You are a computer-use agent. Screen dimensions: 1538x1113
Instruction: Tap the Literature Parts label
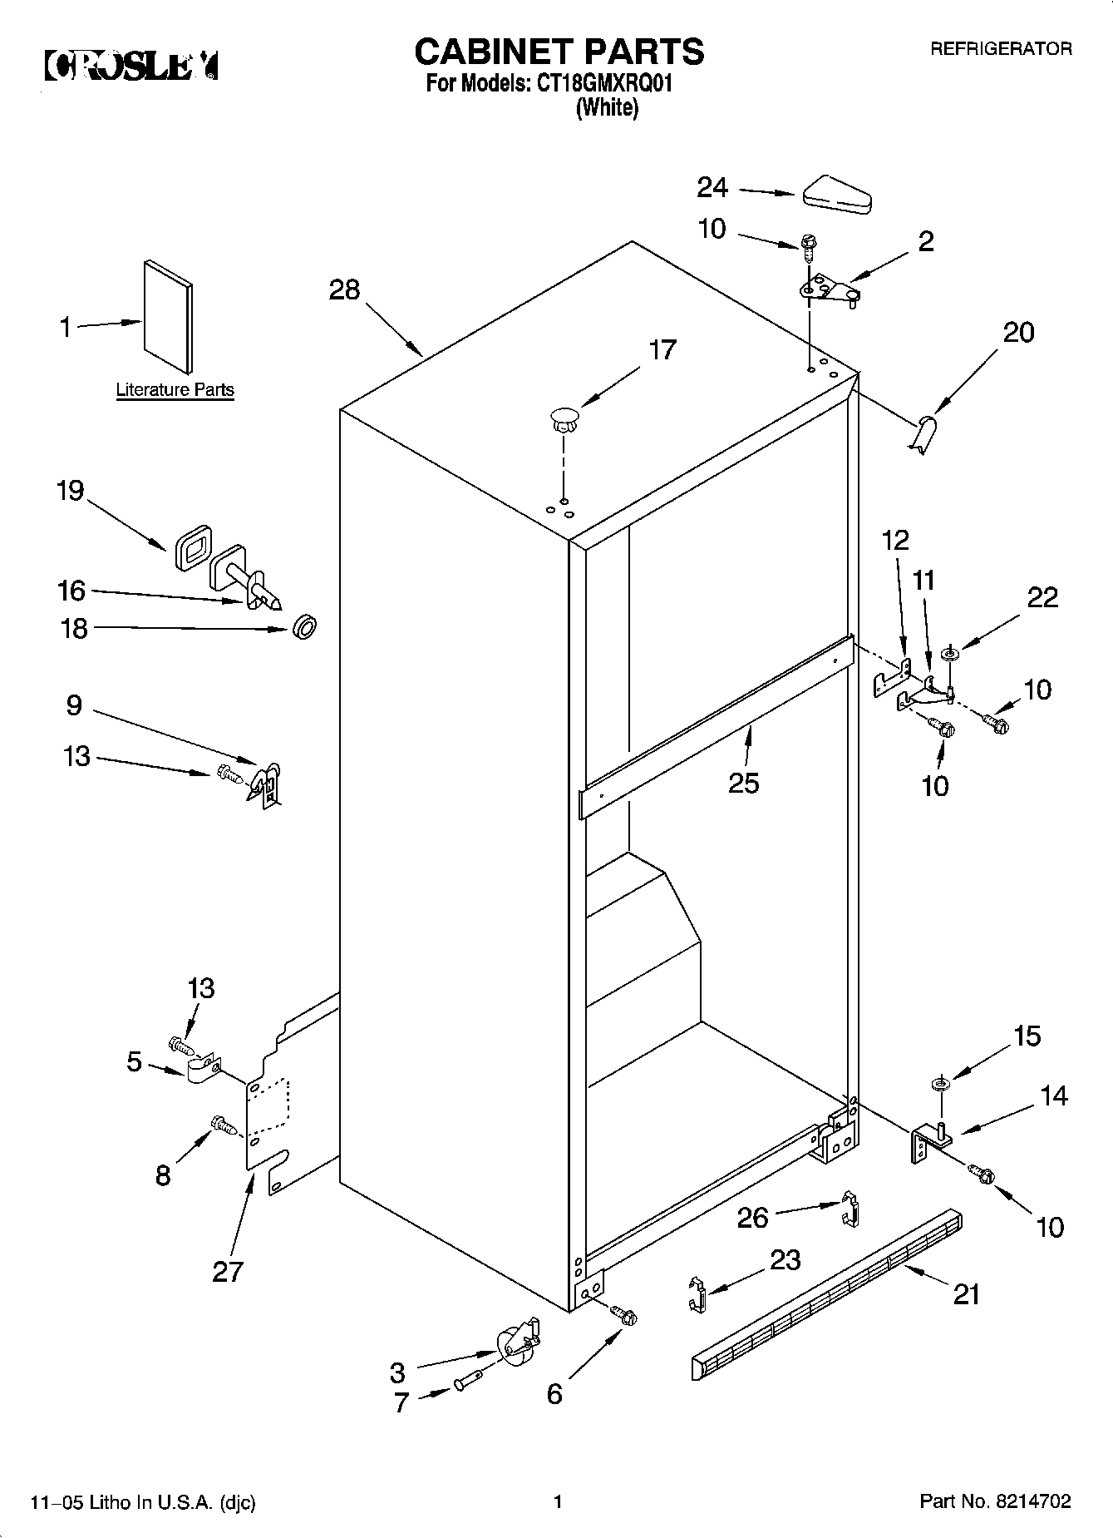(175, 389)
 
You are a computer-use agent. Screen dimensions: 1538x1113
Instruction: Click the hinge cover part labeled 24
(835, 193)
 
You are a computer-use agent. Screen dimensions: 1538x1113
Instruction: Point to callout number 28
(344, 289)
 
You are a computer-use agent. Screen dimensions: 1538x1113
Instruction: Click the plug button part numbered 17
(563, 417)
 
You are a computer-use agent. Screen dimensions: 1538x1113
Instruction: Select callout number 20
(1018, 333)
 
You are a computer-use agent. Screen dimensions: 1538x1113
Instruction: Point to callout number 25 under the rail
(743, 783)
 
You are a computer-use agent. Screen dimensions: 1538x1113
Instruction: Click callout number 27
(227, 1271)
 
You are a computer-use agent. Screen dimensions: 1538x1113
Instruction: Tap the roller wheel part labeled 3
(515, 1344)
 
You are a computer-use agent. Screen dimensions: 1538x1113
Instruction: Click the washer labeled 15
(941, 1083)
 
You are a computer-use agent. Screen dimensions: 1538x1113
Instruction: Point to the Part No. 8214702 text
(994, 1501)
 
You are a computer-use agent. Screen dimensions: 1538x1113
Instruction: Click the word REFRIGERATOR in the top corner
(1000, 49)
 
